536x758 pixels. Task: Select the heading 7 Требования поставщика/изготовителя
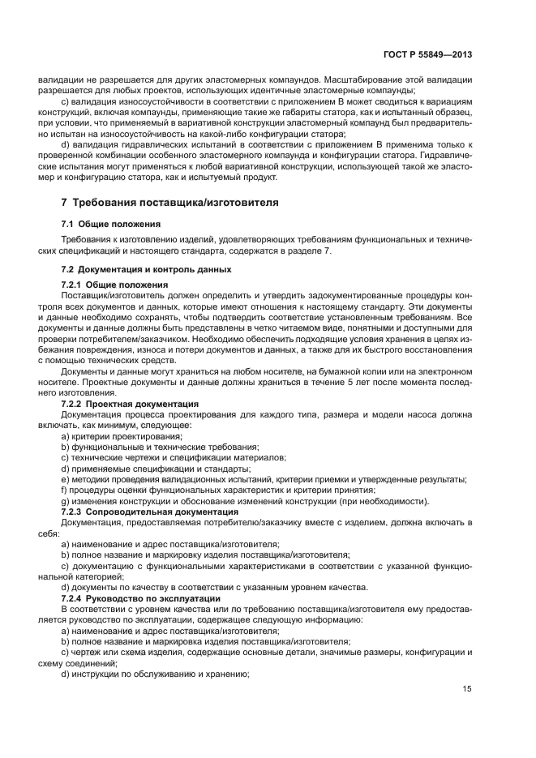169,203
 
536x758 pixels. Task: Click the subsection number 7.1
69,223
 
